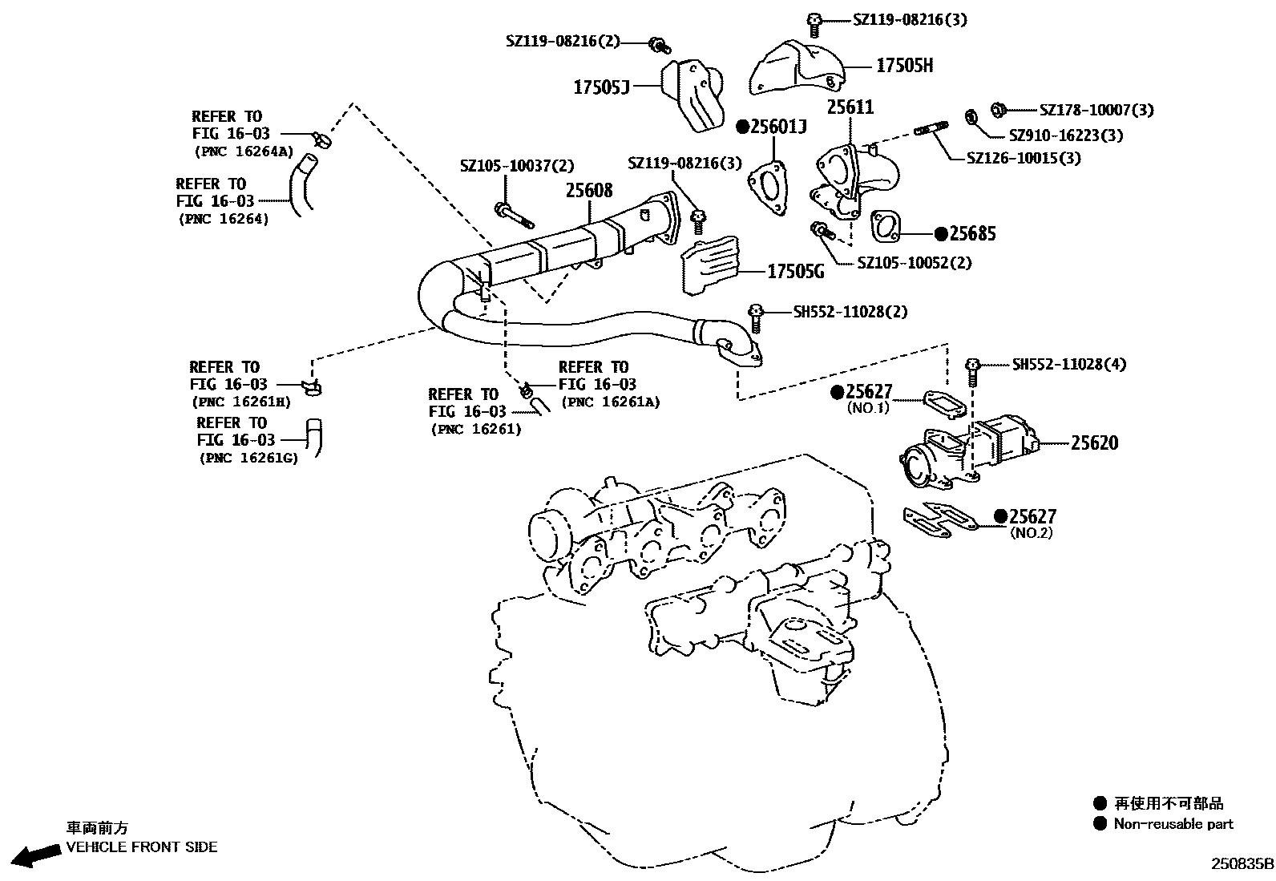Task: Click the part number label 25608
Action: [589, 190]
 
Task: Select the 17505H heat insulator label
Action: [905, 66]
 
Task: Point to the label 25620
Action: [1094, 443]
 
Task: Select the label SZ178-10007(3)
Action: [1096, 110]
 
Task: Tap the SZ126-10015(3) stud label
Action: [1024, 158]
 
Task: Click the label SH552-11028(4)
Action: [1068, 364]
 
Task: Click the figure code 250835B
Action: [1242, 864]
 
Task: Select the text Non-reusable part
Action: [1173, 823]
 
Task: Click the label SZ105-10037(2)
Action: [517, 166]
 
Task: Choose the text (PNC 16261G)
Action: [248, 459]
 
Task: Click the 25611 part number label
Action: [850, 107]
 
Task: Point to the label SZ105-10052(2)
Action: [914, 262]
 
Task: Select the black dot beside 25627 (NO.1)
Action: [838, 392]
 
